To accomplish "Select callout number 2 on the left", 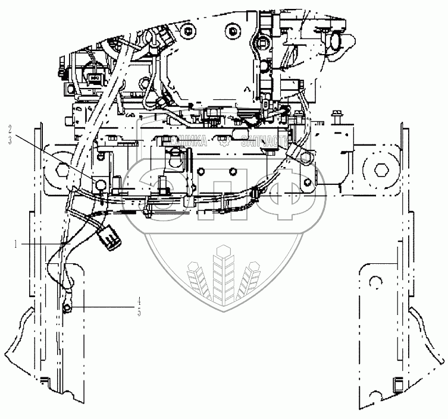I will [10, 128].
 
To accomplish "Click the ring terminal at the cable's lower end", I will [67, 307].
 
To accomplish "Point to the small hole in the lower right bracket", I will [374, 281].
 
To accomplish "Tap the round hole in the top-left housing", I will [189, 30].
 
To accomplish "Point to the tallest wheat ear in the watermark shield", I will [224, 267].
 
